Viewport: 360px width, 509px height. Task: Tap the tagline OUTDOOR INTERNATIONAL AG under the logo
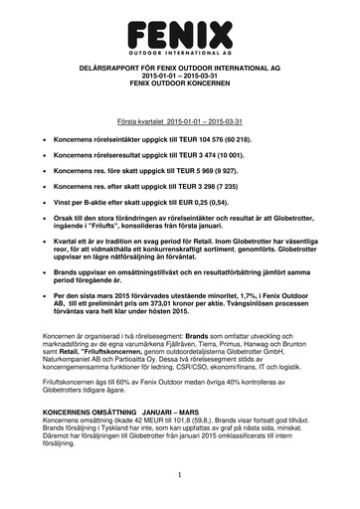tap(179, 47)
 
